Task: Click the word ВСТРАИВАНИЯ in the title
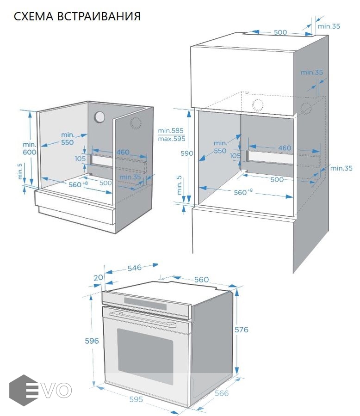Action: [99, 16]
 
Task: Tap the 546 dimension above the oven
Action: [134, 268]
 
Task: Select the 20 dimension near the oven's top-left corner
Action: [98, 277]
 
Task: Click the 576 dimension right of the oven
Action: [242, 330]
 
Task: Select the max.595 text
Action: [171, 138]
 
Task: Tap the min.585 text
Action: [171, 131]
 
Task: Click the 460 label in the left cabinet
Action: [123, 153]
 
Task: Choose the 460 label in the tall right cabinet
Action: [285, 148]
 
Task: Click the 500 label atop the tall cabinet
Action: [280, 32]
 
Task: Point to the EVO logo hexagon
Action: [23, 390]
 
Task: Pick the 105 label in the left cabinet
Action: [80, 159]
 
